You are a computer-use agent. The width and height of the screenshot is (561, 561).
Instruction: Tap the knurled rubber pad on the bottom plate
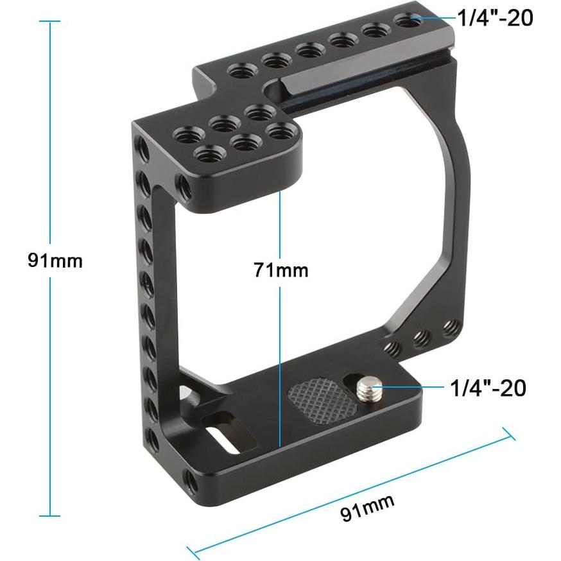(x=322, y=399)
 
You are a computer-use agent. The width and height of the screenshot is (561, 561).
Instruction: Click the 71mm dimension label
(x=280, y=270)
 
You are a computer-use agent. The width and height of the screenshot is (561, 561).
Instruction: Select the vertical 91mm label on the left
(x=55, y=261)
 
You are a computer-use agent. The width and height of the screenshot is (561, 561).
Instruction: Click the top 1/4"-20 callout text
(x=495, y=19)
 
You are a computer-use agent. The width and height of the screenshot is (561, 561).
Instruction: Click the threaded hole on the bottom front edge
(x=192, y=479)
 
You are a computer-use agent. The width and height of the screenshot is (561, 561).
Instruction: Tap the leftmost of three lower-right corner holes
(x=393, y=348)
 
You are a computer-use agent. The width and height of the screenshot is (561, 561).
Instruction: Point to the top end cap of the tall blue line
(x=49, y=21)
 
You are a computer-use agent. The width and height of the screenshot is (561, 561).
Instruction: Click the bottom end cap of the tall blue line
(x=49, y=515)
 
